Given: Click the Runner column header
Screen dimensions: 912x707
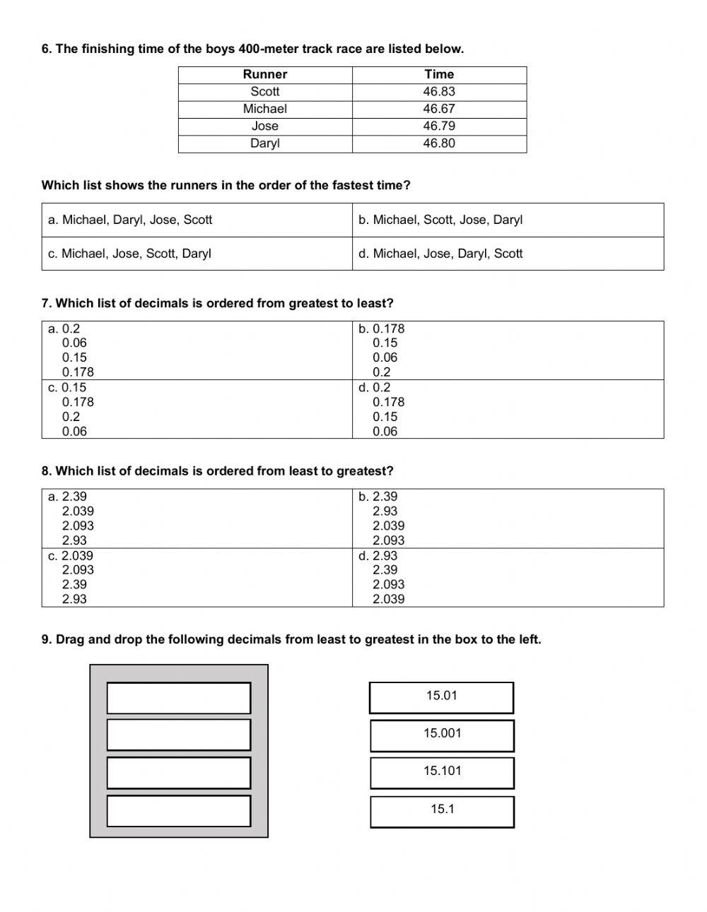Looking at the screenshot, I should (264, 74).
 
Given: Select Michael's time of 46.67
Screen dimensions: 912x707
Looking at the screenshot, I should (439, 109).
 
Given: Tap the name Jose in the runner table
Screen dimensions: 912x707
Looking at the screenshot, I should (264, 126).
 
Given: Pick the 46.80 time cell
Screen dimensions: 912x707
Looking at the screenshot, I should (439, 143).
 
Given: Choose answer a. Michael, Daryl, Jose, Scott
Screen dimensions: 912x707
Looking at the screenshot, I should (130, 220).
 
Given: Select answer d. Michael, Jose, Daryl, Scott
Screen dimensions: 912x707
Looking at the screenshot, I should (440, 254).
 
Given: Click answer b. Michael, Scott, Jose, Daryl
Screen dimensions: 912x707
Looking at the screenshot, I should (440, 220).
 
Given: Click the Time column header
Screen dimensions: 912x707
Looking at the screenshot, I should (439, 74).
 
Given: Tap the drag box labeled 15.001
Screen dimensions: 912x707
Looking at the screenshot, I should (442, 734).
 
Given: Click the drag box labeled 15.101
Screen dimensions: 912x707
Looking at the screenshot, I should (442, 771).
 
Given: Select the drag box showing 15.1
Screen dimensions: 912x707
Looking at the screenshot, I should (442, 810).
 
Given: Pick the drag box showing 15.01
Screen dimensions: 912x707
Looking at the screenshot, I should (441, 696).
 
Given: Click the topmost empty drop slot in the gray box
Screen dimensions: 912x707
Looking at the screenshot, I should (179, 697).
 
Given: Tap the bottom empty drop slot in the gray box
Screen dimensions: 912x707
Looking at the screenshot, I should (179, 810).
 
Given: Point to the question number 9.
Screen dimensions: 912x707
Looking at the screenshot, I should (46, 639).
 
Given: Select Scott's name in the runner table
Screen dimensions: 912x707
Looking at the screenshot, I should (264, 92).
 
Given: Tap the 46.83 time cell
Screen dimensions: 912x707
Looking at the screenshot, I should (439, 92).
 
